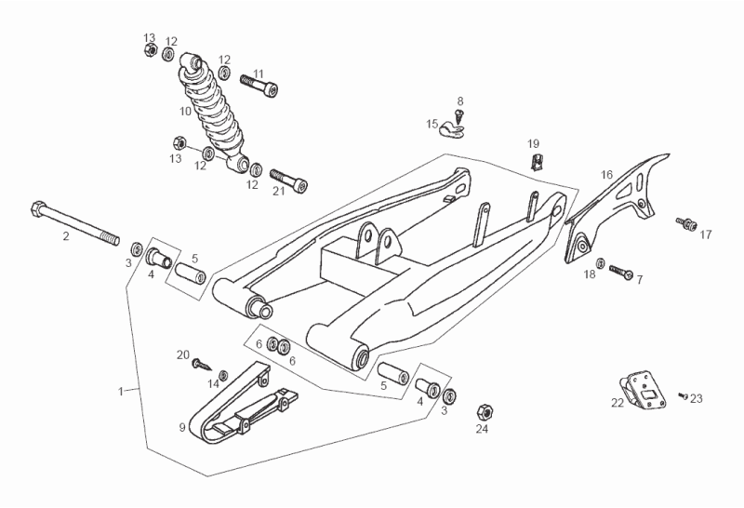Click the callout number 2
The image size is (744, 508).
coord(66,236)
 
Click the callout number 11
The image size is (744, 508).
coord(259,74)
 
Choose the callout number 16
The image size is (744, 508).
coord(606,174)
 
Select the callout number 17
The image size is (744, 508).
coord(705,234)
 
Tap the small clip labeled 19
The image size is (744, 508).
coord(536,164)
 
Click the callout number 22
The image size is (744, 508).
coord(618,403)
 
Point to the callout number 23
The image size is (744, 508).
coord(697,398)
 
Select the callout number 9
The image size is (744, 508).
coord(182,427)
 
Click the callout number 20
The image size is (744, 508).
coord(183,354)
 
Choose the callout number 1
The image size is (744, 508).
coord(121,392)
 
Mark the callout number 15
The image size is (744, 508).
coord(432,123)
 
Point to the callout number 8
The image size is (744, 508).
coord(459,100)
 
